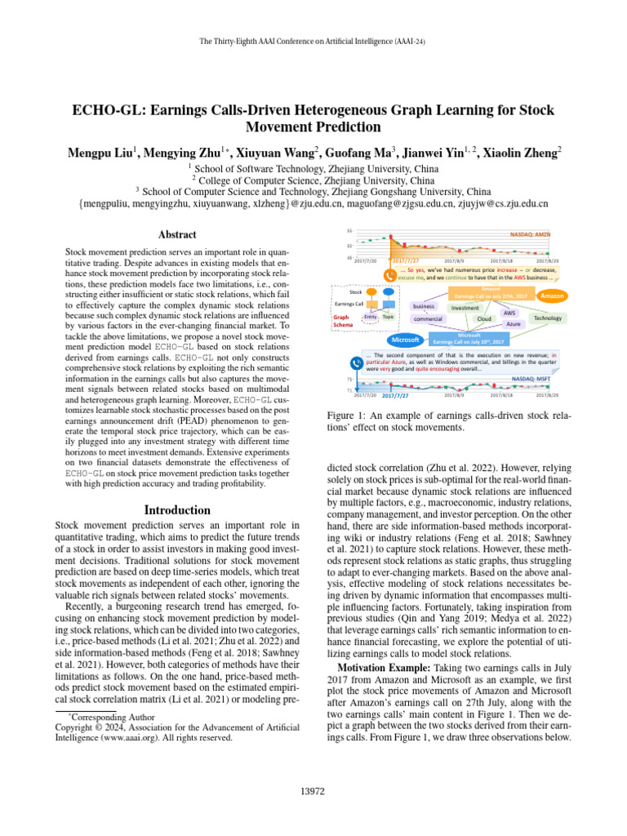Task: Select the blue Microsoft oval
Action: pyautogui.click(x=406, y=339)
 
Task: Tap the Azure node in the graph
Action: pyautogui.click(x=514, y=324)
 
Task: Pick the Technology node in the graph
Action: pyautogui.click(x=548, y=318)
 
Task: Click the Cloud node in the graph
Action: pyautogui.click(x=484, y=318)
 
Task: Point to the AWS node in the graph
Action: pyautogui.click(x=509, y=312)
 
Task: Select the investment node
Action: pyautogui.click(x=465, y=308)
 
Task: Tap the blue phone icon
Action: pyautogui.click(x=357, y=363)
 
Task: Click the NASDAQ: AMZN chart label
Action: pyautogui.click(x=530, y=233)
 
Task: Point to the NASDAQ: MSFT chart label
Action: pyautogui.click(x=531, y=379)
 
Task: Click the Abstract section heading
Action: pyautogui.click(x=176, y=234)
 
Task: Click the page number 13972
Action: pyautogui.click(x=313, y=790)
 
